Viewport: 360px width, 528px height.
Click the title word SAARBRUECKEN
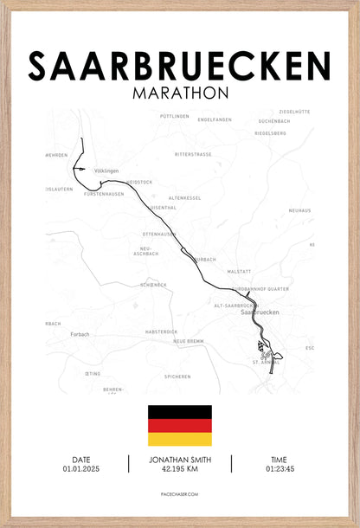pyautogui.click(x=179, y=66)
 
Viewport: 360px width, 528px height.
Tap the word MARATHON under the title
pyautogui.click(x=180, y=92)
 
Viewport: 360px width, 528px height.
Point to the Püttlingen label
pyautogui.click(x=175, y=115)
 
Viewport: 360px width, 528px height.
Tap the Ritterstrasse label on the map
pyautogui.click(x=192, y=154)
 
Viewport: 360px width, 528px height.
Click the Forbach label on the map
pyautogui.click(x=80, y=333)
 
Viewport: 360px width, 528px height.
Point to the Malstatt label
pyautogui.click(x=239, y=272)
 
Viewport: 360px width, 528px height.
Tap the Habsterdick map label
pyautogui.click(x=161, y=332)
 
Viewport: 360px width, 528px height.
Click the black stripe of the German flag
pyautogui.click(x=179, y=412)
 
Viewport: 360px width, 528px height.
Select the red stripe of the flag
pyautogui.click(x=179, y=425)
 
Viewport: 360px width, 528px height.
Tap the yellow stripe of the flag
pyautogui.click(x=179, y=439)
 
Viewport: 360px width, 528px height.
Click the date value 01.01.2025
pyautogui.click(x=81, y=469)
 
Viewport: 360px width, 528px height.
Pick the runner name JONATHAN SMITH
pyautogui.click(x=179, y=460)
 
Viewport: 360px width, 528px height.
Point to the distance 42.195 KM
pyautogui.click(x=179, y=469)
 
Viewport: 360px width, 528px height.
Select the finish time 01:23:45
pyautogui.click(x=279, y=469)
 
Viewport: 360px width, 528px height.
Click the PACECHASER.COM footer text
pyautogui.click(x=179, y=496)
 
